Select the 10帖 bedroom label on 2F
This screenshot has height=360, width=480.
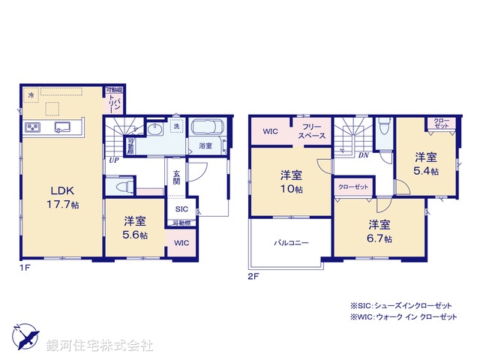click(x=291, y=183)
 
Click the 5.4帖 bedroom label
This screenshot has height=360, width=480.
click(x=427, y=164)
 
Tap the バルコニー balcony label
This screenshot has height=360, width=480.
click(x=290, y=243)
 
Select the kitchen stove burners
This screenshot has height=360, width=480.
click(x=34, y=127)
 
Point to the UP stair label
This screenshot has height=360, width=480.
click(x=113, y=159)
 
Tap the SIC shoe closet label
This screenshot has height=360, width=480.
click(x=182, y=210)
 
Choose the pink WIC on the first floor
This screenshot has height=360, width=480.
click(x=181, y=243)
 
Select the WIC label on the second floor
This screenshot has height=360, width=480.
click(x=271, y=131)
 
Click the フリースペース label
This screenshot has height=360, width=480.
click(x=311, y=131)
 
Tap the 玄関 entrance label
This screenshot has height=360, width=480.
click(x=175, y=177)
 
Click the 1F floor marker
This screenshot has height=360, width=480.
click(x=25, y=267)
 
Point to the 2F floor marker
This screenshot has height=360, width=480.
click(x=253, y=276)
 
